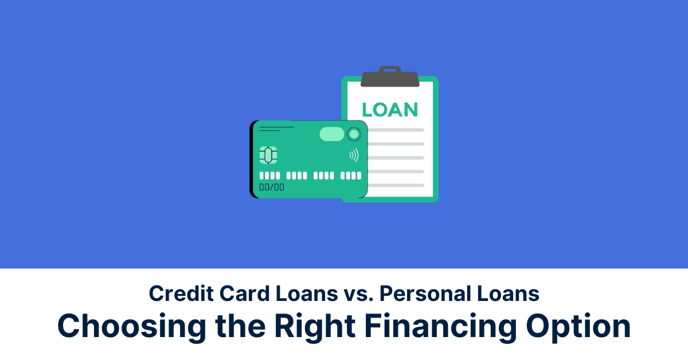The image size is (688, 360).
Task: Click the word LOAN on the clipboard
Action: pos(390,109)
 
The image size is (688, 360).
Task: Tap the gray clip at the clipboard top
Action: pos(390,77)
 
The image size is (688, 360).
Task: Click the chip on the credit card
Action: pos(268,155)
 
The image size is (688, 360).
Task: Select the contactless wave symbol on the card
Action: pos(354,155)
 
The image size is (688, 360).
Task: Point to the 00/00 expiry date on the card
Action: pos(272,187)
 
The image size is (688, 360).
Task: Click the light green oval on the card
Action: pos(332,134)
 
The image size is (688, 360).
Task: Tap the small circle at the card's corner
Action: pos(354,134)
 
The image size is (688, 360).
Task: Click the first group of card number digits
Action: pos(269,175)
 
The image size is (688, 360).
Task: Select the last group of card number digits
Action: pos(351,175)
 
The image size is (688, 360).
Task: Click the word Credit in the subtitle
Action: pos(181,294)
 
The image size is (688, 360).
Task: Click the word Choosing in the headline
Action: pos(132,327)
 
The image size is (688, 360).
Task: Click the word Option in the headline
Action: pos(578,327)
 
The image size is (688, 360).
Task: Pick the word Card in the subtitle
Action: pos(244,294)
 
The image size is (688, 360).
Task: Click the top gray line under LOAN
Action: pos(396,130)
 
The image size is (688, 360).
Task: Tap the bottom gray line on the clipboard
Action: pos(396,185)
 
